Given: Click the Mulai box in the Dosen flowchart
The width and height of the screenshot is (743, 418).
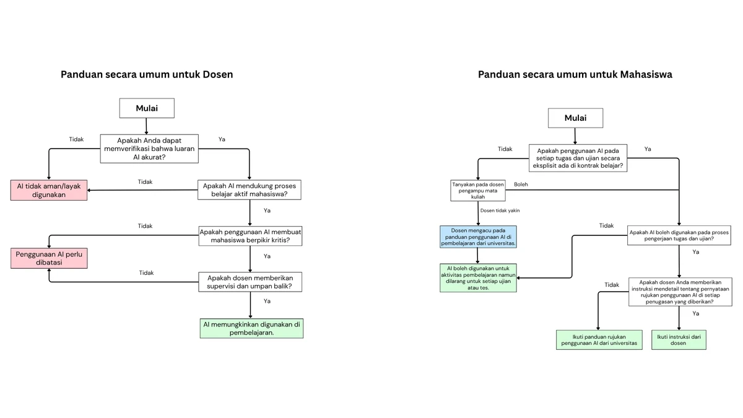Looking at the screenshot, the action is point(147,108).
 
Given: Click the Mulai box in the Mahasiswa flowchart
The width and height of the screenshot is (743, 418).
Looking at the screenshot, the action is point(575,118).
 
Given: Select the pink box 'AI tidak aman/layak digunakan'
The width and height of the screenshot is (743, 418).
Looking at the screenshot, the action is point(49,191).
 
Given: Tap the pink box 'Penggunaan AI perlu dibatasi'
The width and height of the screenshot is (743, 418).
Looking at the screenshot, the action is point(49,258).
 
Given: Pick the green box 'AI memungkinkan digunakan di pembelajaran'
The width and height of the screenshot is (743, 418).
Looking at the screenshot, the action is point(251,328).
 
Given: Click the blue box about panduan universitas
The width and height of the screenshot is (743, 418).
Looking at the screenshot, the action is point(478,237).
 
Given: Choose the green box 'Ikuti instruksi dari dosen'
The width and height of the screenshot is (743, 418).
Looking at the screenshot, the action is point(679,340).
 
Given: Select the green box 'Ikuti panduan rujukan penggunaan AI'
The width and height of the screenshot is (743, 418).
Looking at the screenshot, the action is point(599,340).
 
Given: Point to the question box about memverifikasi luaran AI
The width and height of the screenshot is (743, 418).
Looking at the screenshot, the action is point(149,149).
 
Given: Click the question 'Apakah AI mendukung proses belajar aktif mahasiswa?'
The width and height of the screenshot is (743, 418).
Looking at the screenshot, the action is point(250,190).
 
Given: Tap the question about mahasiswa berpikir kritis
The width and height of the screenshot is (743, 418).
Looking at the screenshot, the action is point(250,236).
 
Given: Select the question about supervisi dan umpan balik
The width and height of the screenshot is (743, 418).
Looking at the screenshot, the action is point(250,282).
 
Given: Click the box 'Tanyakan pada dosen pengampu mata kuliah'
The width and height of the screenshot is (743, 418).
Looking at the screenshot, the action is point(478,191).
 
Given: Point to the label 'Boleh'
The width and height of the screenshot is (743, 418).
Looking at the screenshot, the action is point(521,185).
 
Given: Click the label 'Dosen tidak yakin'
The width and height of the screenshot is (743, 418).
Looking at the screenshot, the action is point(500,211).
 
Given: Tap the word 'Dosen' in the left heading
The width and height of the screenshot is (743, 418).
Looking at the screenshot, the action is point(217,74).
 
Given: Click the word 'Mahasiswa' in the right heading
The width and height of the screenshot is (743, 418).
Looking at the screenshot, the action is point(646,74).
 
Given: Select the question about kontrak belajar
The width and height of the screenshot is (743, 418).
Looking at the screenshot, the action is point(578,158).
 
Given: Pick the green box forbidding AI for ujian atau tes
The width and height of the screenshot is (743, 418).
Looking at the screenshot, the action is point(478,278).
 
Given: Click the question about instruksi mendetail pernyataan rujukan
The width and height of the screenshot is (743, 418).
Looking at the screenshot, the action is point(680,292).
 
